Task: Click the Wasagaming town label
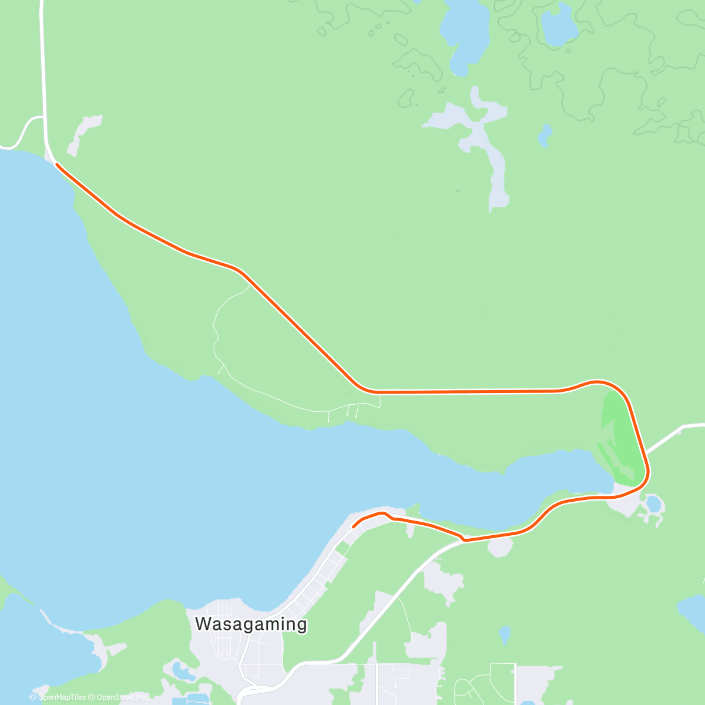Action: [x=251, y=623]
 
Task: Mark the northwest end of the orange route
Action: [x=57, y=165]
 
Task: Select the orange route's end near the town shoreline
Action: [x=354, y=526]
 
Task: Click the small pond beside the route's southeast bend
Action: [x=653, y=503]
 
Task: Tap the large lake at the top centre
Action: [x=464, y=32]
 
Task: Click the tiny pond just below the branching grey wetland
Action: [x=545, y=136]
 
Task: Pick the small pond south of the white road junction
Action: [x=504, y=635]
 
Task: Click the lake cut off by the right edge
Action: [x=693, y=611]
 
